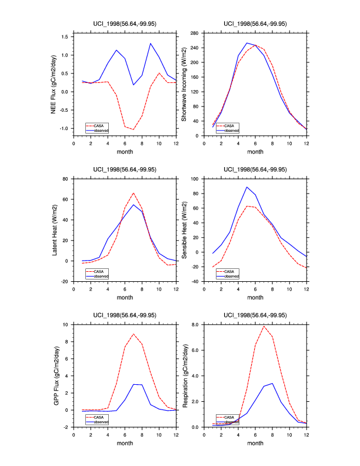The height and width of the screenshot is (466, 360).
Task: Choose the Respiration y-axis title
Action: (x=184, y=375)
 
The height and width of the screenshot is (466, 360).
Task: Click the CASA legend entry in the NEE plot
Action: (x=98, y=125)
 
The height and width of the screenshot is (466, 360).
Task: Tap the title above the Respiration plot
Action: (x=255, y=315)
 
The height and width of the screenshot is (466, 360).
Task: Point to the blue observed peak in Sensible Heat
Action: (x=247, y=187)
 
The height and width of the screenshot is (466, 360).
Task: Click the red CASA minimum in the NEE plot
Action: (x=134, y=129)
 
